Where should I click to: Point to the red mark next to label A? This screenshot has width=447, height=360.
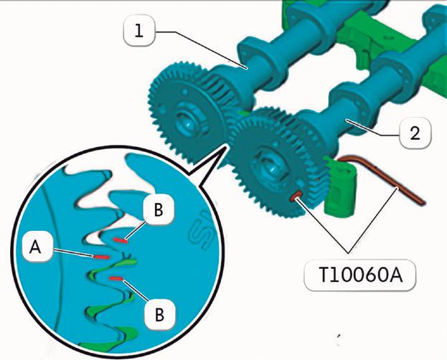coord(100,255)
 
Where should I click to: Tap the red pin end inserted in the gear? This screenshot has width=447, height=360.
coord(293,194)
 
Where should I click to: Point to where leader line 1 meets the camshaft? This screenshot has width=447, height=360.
coord(248,67)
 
